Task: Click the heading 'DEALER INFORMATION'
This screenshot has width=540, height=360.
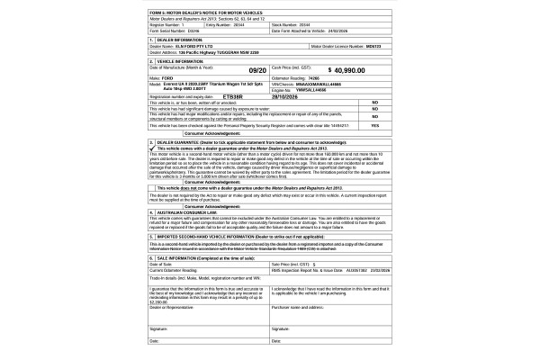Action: [x=177, y=39]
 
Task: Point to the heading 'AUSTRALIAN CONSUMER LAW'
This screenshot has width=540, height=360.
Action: [x=184, y=212]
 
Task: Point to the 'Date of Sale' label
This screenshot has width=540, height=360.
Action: [x=159, y=264]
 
